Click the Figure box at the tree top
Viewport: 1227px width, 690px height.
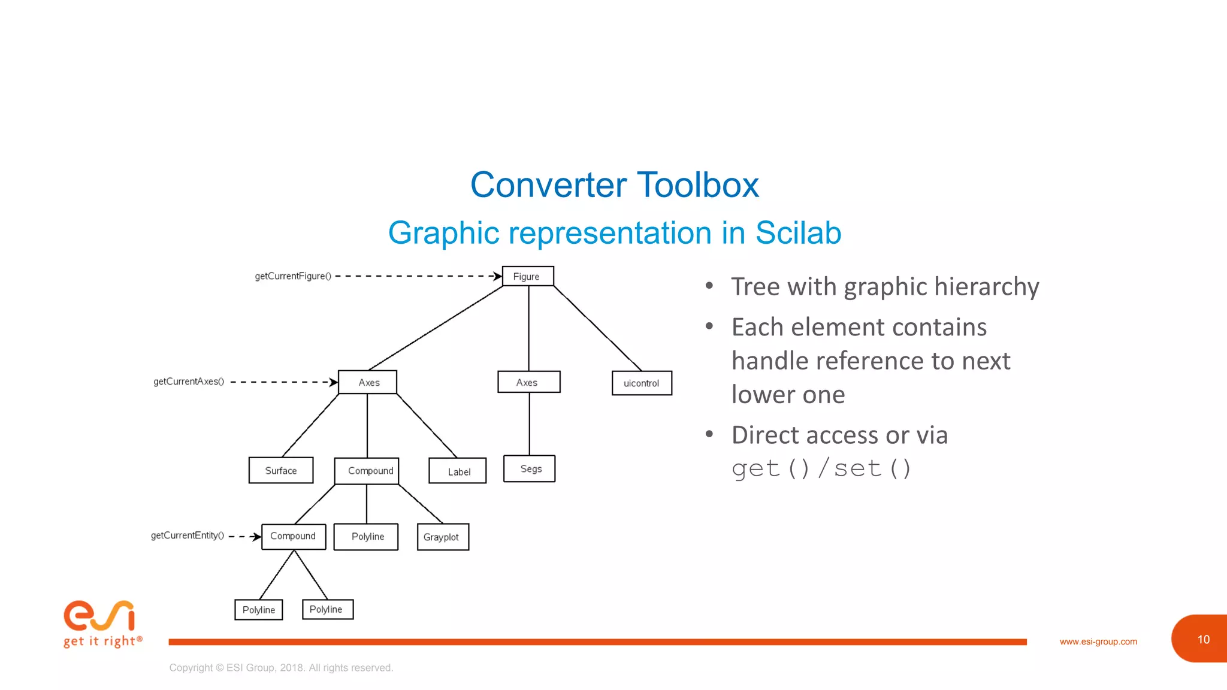[x=527, y=276]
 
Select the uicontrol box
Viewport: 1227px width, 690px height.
[x=642, y=383]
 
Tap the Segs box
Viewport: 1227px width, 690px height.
[x=530, y=469]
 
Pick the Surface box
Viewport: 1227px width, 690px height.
[x=281, y=471]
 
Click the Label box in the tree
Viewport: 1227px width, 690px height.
[x=458, y=471]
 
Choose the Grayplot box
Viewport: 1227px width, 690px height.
[x=443, y=537]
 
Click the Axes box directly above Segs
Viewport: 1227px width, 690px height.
[x=528, y=382]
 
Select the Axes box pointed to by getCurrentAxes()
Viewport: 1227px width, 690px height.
[x=368, y=382]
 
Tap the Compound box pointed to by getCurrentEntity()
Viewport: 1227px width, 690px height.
[x=294, y=536]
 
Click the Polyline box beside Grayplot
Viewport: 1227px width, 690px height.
[x=366, y=537]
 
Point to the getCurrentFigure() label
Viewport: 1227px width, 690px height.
[x=293, y=276]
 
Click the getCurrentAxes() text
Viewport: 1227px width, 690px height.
[x=189, y=382]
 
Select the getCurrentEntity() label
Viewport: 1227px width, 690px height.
[x=188, y=535]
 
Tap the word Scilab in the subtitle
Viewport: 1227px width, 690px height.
[x=798, y=233]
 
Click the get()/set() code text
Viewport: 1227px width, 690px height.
[x=821, y=468]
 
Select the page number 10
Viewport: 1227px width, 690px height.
[x=1203, y=640]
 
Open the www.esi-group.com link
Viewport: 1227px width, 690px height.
[x=1098, y=641]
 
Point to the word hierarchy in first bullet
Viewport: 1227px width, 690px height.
[x=986, y=287]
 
